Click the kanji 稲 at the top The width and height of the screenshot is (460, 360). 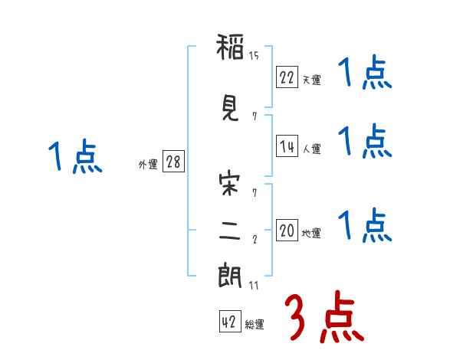pos(230,47)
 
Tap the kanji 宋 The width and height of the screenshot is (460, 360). pos(229,184)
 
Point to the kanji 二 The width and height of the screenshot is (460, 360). pos(230,231)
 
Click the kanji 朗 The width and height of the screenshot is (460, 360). pos(230,276)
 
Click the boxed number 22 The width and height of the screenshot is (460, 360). pos(287,77)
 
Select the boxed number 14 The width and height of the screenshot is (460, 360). pos(287,146)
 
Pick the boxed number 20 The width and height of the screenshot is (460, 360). pos(287,230)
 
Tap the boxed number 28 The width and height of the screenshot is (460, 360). pos(173,162)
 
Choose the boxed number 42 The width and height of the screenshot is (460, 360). pos(230,321)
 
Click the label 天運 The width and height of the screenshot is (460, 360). pos(312,80)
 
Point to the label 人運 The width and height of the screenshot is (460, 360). pos(312,149)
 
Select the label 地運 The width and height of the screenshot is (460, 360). pos(311,233)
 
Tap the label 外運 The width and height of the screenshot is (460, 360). pos(148,165)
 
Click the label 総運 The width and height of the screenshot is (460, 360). pos(255,324)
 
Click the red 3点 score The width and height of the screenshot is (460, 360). pos(324,316)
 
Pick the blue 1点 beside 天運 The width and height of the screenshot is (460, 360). pos(365,72)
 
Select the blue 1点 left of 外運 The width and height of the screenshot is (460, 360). pos(75,156)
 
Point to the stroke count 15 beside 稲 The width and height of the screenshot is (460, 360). pos(254,56)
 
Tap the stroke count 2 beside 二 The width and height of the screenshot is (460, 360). pos(255,240)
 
